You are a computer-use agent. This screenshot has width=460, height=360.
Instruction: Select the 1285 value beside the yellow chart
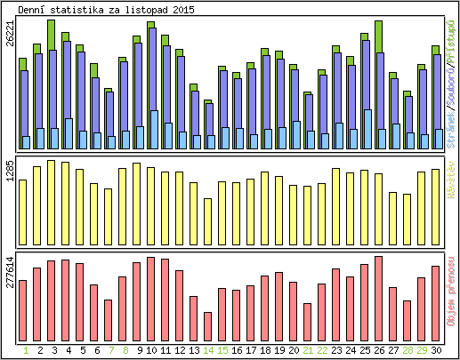click(10, 172)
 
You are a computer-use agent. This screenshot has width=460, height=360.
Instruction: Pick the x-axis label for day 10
click(151, 351)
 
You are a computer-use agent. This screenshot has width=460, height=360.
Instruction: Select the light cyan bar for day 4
click(69, 133)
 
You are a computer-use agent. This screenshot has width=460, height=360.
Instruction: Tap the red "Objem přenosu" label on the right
click(452, 289)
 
